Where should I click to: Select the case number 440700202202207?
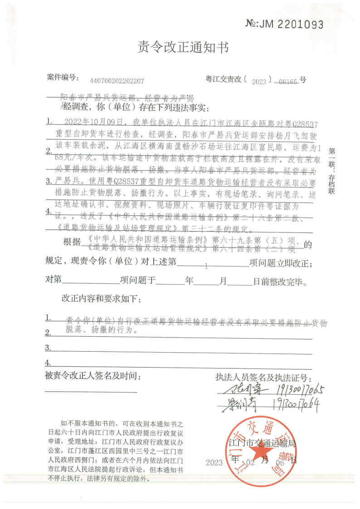point(117,82)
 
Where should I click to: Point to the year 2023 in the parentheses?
point(260,82)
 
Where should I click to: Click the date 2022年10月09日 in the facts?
point(94,122)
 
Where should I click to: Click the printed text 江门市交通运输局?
point(263,443)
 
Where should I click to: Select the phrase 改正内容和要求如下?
point(101,300)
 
